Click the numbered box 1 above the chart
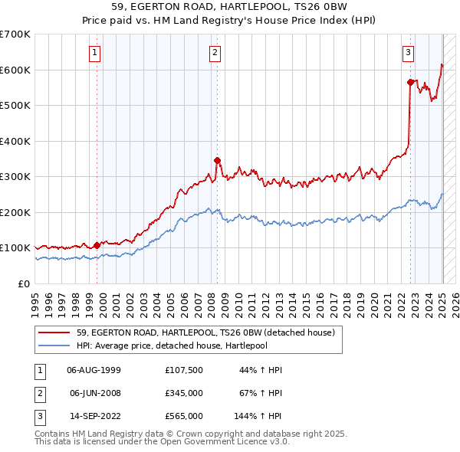(x=94, y=53)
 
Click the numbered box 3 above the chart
(x=408, y=53)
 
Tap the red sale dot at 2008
(x=217, y=161)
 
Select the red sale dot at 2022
(x=411, y=82)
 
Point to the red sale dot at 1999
(x=97, y=245)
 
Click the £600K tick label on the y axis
(x=15, y=70)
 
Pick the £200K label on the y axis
(x=15, y=212)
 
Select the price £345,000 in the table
(x=184, y=393)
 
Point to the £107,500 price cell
(x=184, y=370)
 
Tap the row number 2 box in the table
(x=39, y=393)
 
